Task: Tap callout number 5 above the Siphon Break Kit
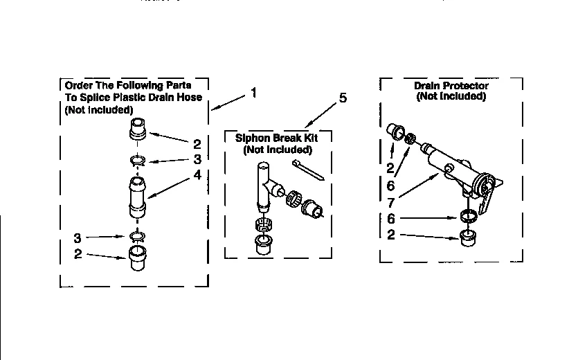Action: click(x=342, y=98)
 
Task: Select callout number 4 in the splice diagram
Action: click(x=197, y=175)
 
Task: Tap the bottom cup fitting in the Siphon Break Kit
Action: click(x=263, y=244)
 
